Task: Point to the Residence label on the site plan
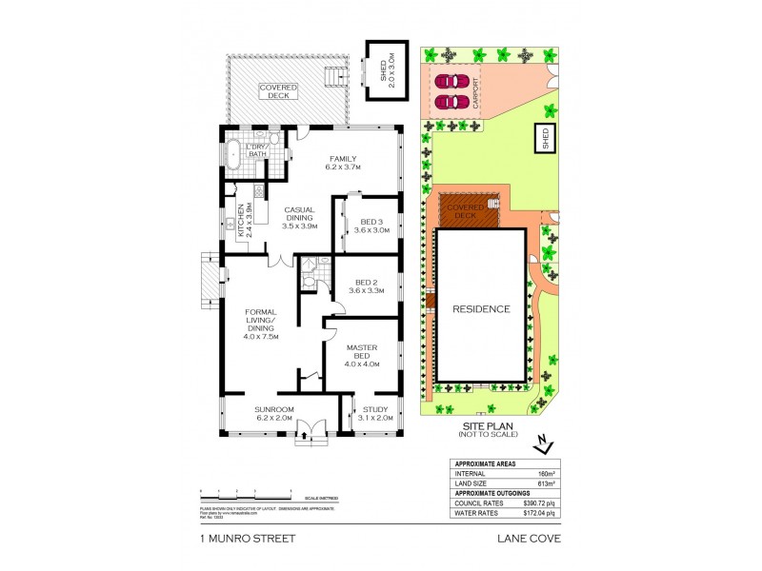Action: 480,309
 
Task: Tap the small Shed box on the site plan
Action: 546,137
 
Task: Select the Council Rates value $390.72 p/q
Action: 539,502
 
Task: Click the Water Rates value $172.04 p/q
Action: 539,513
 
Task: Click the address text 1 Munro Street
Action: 247,538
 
